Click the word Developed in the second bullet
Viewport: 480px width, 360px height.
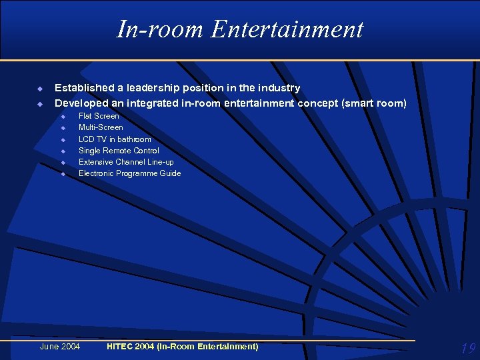click(x=80, y=103)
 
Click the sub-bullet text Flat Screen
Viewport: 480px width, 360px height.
click(x=99, y=116)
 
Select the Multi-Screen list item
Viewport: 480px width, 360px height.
click(x=101, y=127)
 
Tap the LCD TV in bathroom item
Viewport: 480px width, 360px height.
click(x=115, y=139)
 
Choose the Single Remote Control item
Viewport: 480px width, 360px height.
click(x=119, y=151)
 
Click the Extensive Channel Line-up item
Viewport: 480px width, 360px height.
click(x=127, y=162)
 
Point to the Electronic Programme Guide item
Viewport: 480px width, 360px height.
click(x=129, y=173)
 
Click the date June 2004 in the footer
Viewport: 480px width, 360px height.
click(x=60, y=346)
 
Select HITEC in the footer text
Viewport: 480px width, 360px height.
click(x=121, y=346)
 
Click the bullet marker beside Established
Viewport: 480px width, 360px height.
click(x=39, y=89)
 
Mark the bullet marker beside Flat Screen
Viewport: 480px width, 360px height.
click(x=63, y=117)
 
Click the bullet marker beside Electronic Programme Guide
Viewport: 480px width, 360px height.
click(x=63, y=174)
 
